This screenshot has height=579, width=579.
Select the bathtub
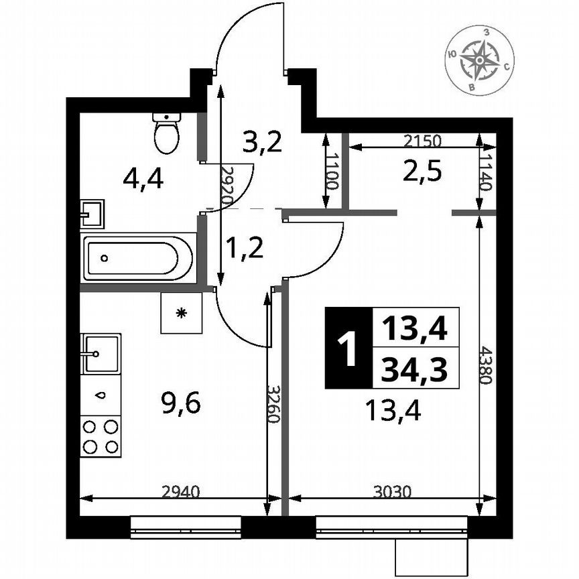[139, 257]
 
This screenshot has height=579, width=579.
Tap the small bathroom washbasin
[92, 214]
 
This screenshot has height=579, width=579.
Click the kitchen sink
[101, 352]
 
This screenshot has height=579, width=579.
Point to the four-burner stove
[101, 436]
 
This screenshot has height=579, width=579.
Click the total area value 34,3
[415, 368]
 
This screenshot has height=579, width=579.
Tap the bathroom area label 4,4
[143, 179]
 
